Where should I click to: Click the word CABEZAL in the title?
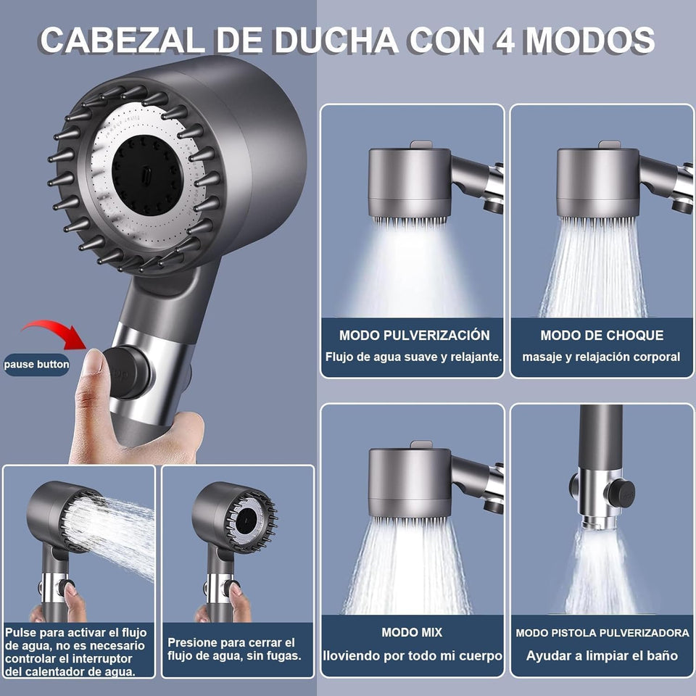122,41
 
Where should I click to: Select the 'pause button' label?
36,365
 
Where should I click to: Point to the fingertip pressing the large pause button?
94,360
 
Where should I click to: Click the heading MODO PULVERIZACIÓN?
414,335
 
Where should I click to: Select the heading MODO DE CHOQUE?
602,335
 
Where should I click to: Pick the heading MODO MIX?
412,632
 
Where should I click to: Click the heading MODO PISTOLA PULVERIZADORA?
602,633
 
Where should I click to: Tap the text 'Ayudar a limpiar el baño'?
602,655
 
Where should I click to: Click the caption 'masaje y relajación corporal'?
601,357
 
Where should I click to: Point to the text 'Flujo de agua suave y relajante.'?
414,357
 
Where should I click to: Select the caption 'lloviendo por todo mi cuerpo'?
413,656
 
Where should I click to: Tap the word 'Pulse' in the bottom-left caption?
21,632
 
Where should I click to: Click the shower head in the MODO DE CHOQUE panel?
598,182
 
